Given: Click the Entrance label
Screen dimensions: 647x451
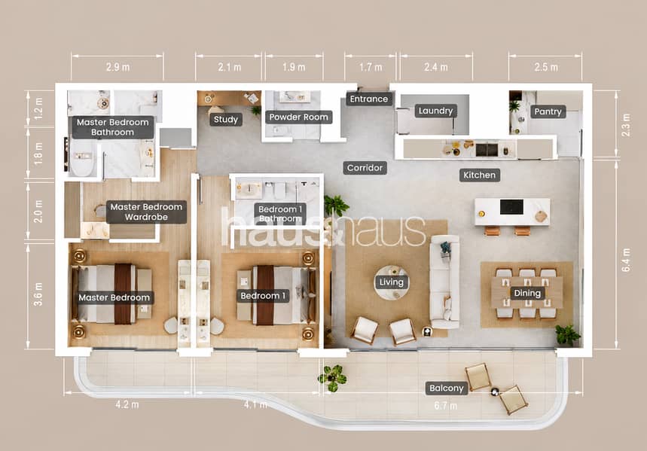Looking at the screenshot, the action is [369, 99].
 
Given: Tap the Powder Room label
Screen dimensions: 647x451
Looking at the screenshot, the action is [298, 117].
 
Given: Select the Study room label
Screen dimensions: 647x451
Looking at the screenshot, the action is [226, 120].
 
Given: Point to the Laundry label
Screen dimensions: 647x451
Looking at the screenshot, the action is [436, 111].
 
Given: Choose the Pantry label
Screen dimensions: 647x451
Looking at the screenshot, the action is [548, 111].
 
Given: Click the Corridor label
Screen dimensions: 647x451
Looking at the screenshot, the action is [365, 168].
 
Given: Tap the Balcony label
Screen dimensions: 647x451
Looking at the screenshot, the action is [447, 389].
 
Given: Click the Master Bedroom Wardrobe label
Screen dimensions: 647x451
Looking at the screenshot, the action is [146, 212].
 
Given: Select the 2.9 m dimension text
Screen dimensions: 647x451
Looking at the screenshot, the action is [117, 67].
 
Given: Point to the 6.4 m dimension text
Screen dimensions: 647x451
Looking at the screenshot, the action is [626, 260].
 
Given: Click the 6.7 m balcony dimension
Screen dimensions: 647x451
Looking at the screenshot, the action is [445, 406].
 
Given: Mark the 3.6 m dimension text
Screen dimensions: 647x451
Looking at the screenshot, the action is [38, 294].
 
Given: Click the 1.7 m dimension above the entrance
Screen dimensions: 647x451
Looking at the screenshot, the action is [370, 67].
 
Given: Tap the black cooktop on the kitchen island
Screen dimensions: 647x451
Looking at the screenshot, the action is [511, 207].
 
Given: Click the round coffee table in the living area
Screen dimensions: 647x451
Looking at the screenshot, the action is [392, 282].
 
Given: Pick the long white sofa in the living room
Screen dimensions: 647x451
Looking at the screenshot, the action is [445, 282].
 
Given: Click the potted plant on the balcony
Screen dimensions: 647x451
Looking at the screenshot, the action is [332, 377].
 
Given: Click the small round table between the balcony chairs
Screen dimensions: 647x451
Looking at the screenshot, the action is [495, 392].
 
